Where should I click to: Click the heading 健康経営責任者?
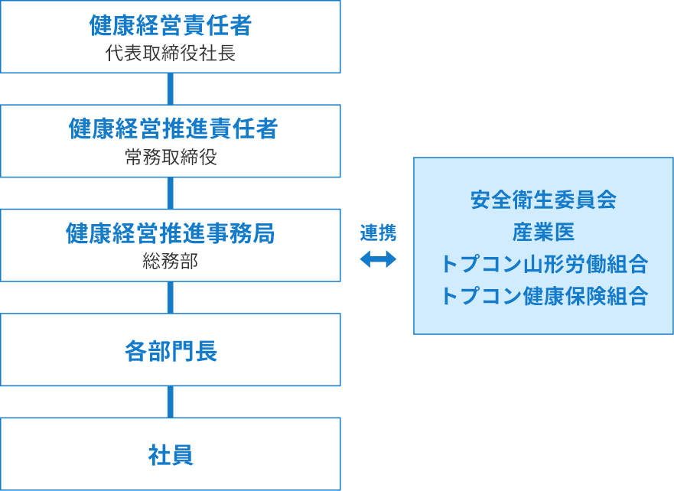click(x=170, y=25)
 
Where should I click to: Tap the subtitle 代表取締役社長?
click(x=171, y=54)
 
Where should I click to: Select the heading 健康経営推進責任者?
click(x=173, y=128)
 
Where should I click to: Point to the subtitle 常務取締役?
click(x=171, y=158)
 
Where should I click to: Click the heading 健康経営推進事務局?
click(x=170, y=233)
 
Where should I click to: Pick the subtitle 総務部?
click(x=171, y=262)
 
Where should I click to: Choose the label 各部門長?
click(x=171, y=351)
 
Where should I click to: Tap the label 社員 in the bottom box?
click(x=171, y=455)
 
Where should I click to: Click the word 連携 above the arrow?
click(x=378, y=232)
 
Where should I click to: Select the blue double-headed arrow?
click(x=378, y=259)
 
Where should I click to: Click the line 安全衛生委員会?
click(x=543, y=200)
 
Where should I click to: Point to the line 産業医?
click(x=543, y=232)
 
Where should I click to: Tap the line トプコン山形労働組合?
click(x=544, y=264)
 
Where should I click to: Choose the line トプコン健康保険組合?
click(x=544, y=296)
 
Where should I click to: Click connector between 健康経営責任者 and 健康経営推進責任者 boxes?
click(x=171, y=89)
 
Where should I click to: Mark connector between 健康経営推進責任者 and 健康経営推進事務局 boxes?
click(x=171, y=193)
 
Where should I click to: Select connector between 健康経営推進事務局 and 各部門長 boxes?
click(x=171, y=298)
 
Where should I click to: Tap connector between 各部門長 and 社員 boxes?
click(x=171, y=402)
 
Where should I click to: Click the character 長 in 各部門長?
click(x=206, y=351)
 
